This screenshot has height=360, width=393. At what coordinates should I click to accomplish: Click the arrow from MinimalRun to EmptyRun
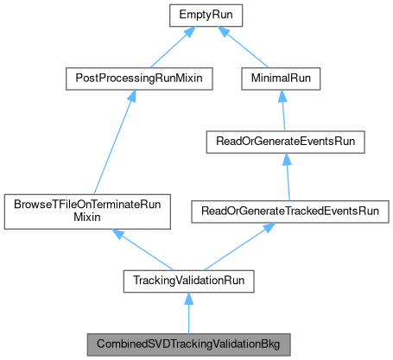point(251,49)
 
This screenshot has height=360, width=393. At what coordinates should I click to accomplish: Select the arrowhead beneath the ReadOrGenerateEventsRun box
point(286,158)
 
